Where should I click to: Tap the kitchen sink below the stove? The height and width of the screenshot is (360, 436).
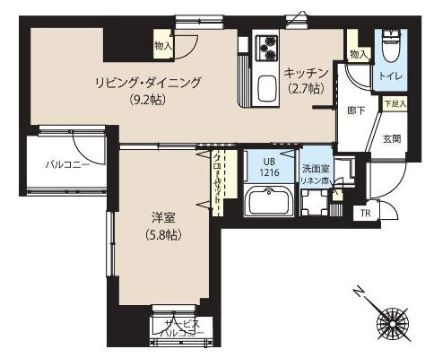(266, 88)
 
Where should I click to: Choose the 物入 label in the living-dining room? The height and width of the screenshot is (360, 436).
(162, 43)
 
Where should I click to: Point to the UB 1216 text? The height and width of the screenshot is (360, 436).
(268, 166)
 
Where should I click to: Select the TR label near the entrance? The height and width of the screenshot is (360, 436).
(364, 212)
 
